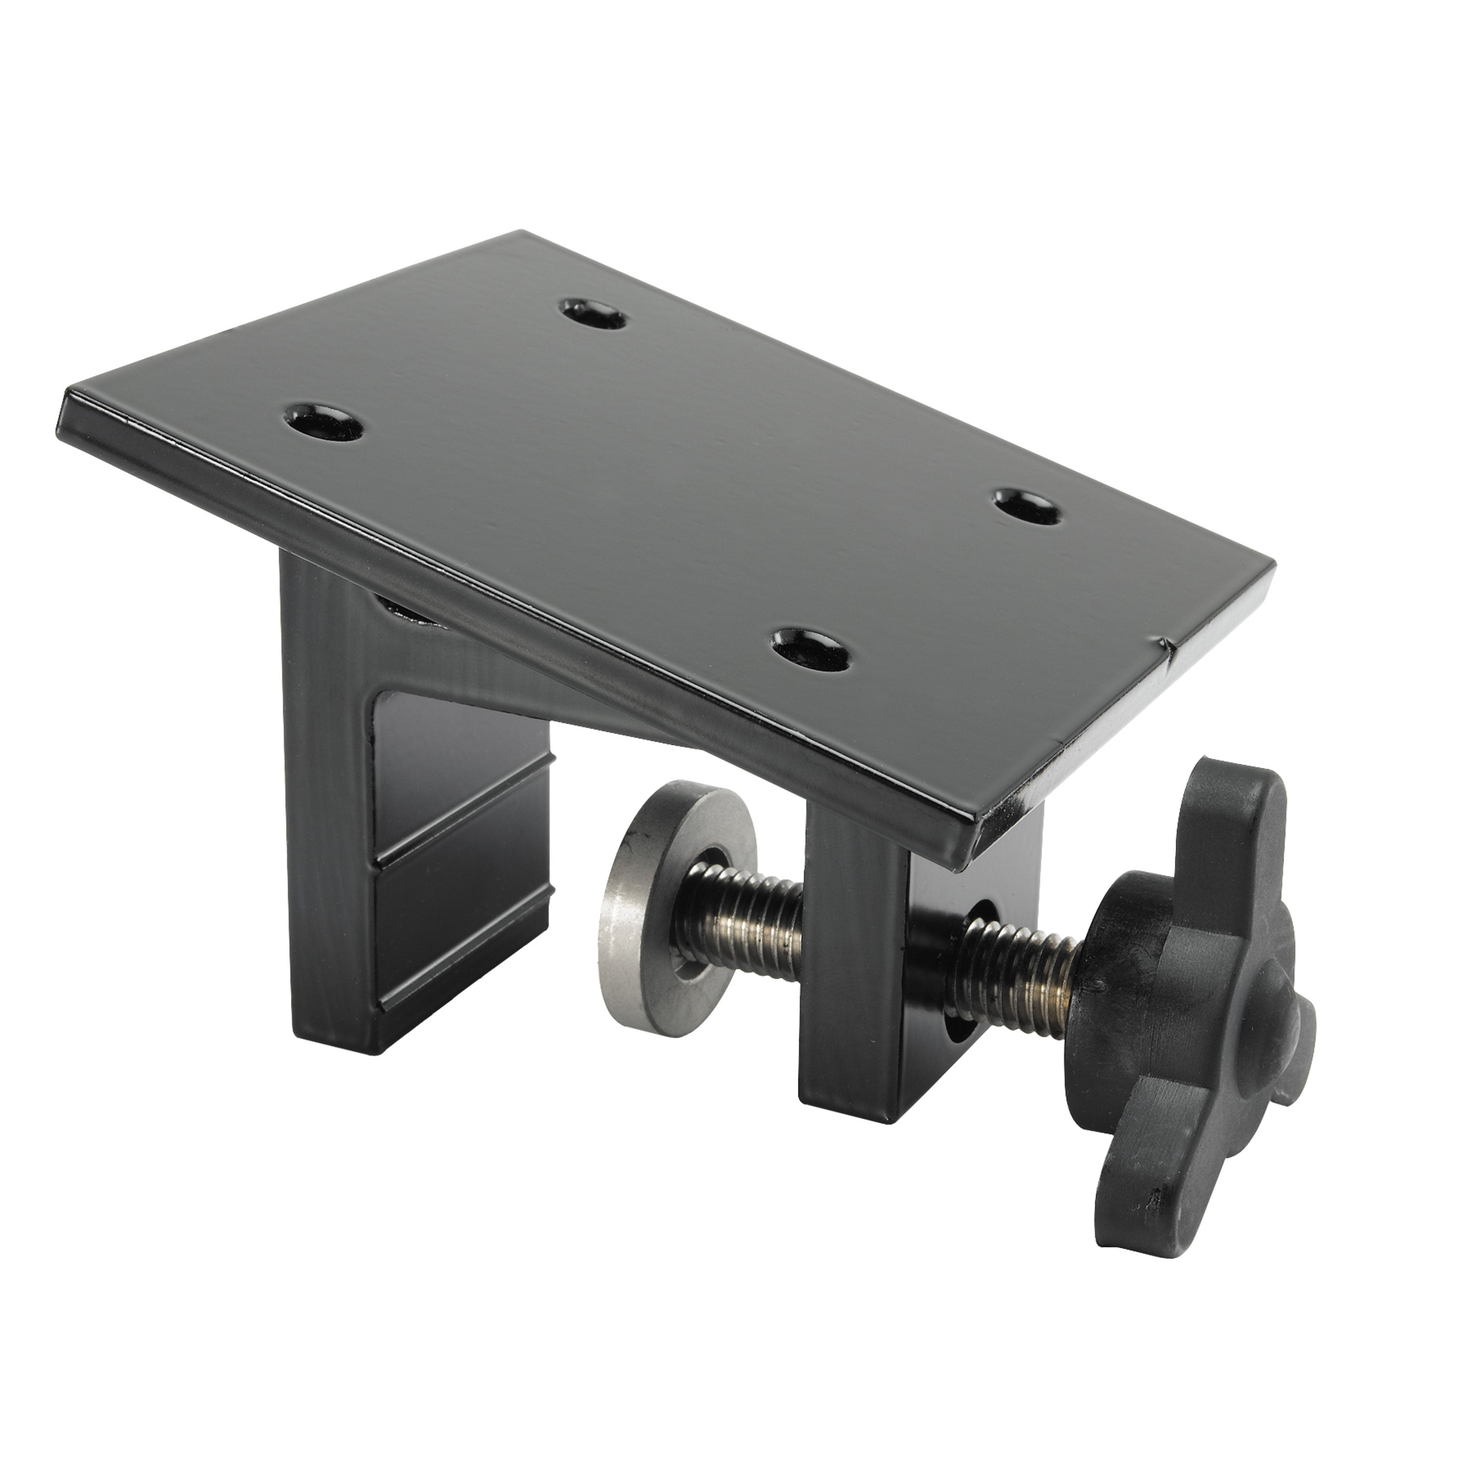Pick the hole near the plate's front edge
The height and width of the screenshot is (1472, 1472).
(x=811, y=649)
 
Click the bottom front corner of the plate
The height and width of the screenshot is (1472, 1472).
(x=968, y=853)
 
